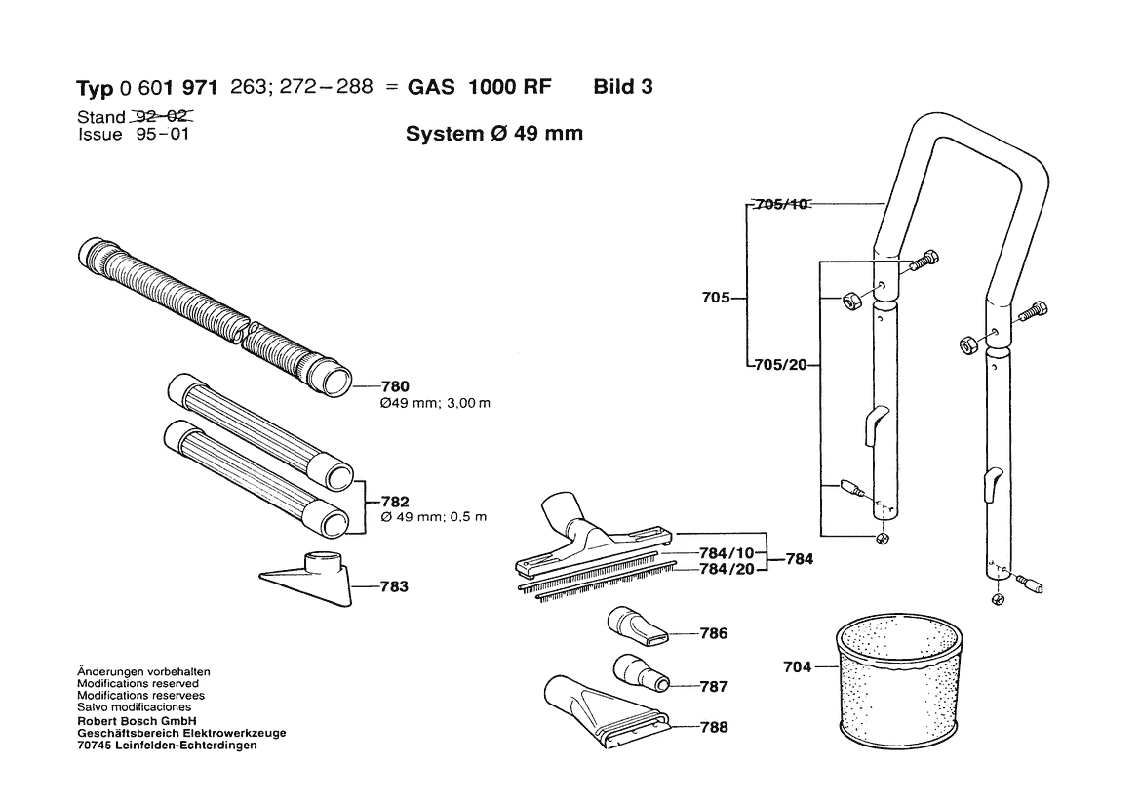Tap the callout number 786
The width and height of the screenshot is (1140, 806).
(714, 634)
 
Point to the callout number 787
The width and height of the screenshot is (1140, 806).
(714, 687)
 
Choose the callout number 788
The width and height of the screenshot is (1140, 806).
(714, 728)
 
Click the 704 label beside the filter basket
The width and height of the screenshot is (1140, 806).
(797, 668)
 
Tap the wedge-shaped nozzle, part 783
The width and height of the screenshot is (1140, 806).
(308, 582)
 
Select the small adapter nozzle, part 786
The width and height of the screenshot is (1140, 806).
(636, 626)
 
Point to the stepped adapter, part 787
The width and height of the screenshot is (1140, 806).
(641, 672)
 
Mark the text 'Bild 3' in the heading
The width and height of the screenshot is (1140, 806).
(622, 86)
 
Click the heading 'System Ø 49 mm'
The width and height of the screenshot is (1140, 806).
(493, 134)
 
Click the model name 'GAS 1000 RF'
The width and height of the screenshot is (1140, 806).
(479, 86)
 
